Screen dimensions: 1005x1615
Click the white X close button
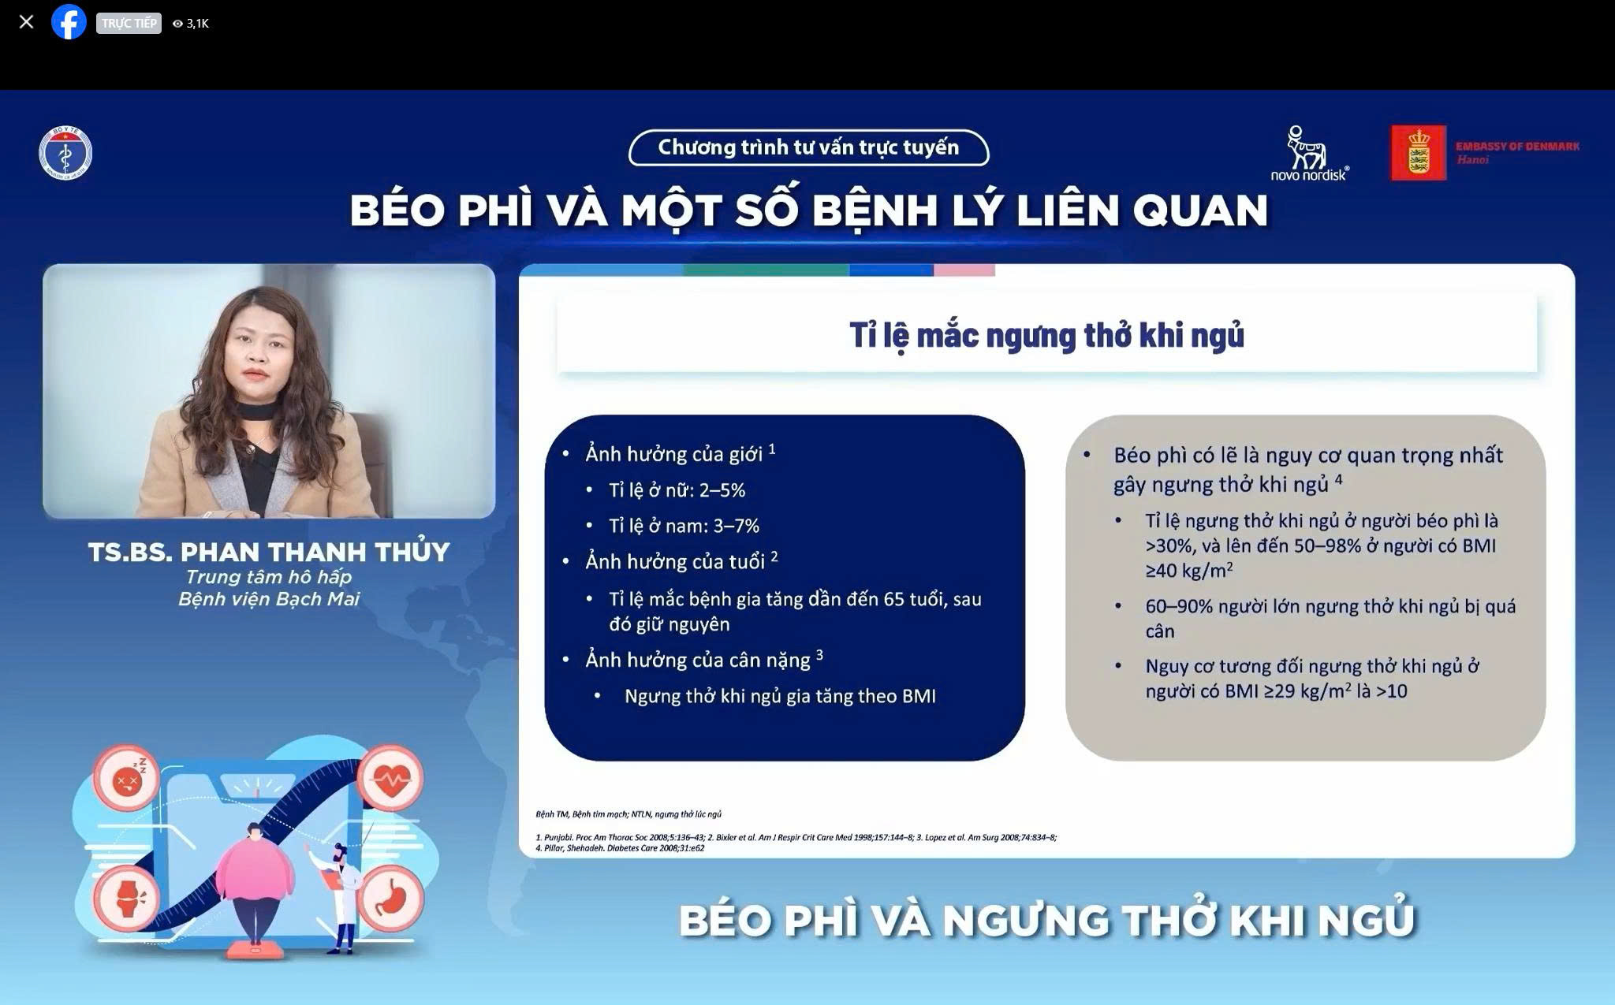point(26,22)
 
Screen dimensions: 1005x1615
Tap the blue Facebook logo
point(69,22)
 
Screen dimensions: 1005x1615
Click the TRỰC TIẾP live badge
point(129,23)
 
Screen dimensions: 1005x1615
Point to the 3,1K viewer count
point(192,24)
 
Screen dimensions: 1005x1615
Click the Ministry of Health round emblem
point(65,154)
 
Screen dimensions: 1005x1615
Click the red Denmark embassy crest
point(1418,153)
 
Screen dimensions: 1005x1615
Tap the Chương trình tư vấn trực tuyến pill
point(808,147)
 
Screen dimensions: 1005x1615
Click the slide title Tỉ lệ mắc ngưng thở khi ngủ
point(1046,335)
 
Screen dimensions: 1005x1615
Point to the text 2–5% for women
point(722,490)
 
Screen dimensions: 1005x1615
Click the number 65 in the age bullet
point(893,599)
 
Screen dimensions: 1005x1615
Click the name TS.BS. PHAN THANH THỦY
point(269,552)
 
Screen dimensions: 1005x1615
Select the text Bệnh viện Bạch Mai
point(269,599)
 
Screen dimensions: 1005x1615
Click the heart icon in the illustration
point(391,778)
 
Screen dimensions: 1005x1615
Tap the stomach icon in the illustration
point(391,898)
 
